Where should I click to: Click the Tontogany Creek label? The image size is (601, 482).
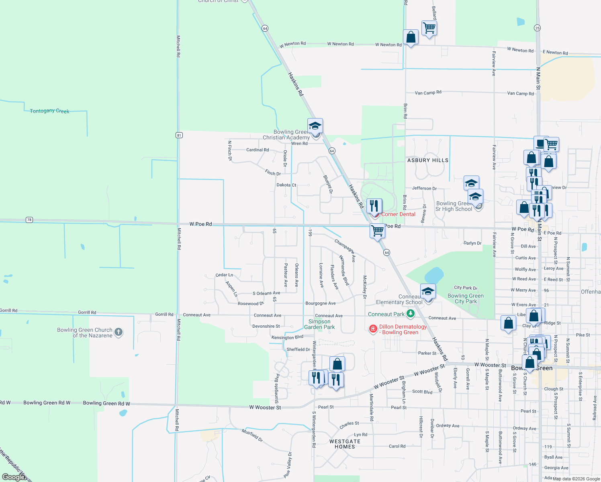pyautogui.click(x=49, y=111)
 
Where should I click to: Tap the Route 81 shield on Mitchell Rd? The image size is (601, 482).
pyautogui.click(x=179, y=135)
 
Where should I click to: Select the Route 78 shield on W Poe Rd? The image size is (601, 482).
pyautogui.click(x=29, y=220)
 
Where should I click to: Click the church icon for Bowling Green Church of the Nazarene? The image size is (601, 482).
pyautogui.click(x=118, y=332)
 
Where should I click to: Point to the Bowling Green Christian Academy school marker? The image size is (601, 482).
pyautogui.click(x=315, y=126)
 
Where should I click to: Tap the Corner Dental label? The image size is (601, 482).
pyautogui.click(x=398, y=214)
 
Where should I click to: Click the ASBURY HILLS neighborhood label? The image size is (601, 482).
pyautogui.click(x=428, y=160)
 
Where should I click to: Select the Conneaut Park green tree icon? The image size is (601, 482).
pyautogui.click(x=410, y=313)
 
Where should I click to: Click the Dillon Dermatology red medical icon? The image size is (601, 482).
pyautogui.click(x=373, y=329)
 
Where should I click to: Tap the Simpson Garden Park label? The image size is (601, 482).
pyautogui.click(x=319, y=324)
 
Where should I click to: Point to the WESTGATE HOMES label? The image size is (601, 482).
pyautogui.click(x=345, y=444)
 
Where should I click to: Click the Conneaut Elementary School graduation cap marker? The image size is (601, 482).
pyautogui.click(x=428, y=292)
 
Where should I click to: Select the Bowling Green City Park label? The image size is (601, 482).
pyautogui.click(x=466, y=298)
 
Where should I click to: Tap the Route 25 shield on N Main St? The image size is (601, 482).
pyautogui.click(x=538, y=28)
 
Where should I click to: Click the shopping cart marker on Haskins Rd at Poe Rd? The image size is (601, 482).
pyautogui.click(x=377, y=231)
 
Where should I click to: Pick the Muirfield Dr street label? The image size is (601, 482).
pyautogui.click(x=252, y=435)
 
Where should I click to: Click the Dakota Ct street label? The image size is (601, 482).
pyautogui.click(x=286, y=185)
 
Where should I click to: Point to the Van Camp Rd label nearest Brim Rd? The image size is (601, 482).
pyautogui.click(x=428, y=93)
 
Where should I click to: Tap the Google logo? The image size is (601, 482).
pyautogui.click(x=14, y=477)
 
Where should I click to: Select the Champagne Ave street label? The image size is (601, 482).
pyautogui.click(x=345, y=251)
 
